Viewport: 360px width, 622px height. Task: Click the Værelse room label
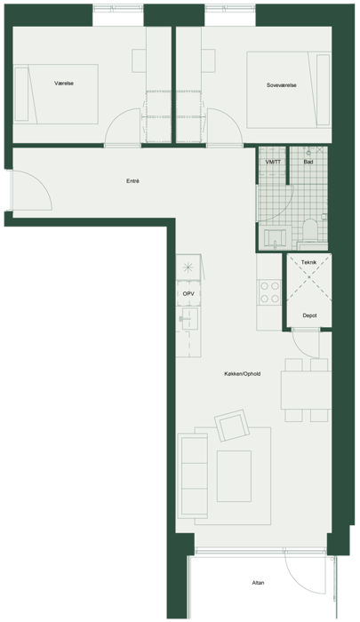(64, 84)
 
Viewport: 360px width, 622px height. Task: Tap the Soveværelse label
(282, 85)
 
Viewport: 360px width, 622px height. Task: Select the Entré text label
(132, 181)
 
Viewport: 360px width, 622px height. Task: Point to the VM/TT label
(273, 162)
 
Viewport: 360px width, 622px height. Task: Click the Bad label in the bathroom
(308, 162)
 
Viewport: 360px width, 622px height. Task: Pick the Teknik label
(308, 263)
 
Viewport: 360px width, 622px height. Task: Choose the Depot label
(309, 315)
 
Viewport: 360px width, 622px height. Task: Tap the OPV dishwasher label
(188, 294)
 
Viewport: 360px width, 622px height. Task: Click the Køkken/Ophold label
(242, 374)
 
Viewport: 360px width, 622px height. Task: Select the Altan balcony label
(258, 583)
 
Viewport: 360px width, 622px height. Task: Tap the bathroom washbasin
(274, 237)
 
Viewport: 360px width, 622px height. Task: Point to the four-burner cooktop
(269, 292)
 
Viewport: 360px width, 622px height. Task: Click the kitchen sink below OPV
(188, 318)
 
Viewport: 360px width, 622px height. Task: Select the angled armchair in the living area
(232, 426)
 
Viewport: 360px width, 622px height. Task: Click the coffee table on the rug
(234, 476)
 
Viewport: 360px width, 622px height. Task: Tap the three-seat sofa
(193, 475)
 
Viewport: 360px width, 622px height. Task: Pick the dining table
(306, 390)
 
